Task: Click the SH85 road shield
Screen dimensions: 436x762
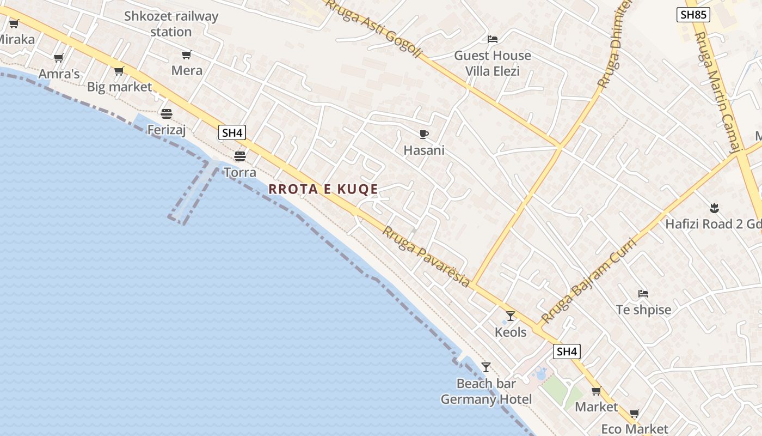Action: [693, 15]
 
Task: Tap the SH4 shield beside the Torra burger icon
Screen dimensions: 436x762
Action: [232, 132]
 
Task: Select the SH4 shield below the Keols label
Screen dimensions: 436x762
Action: [567, 352]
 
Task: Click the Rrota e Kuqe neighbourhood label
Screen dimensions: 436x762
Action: [323, 189]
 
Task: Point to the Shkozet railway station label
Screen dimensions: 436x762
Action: [171, 24]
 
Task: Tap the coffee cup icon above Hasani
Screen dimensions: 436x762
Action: [423, 134]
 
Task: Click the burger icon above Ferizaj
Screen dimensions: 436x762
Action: [167, 113]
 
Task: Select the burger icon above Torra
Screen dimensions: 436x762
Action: [240, 156]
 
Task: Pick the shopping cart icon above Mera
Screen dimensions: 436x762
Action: [187, 55]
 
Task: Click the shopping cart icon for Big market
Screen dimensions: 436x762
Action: [119, 71]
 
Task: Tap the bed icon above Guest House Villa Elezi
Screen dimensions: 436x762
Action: [493, 39]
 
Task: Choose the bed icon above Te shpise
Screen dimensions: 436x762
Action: [643, 293]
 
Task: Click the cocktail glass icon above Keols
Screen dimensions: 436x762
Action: [511, 316]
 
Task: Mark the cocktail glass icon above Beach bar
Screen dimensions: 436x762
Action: [486, 367]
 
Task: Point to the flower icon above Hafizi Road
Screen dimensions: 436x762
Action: [714, 207]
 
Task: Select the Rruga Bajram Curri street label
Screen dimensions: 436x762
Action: [588, 281]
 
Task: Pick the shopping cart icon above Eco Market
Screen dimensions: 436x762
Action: [635, 414]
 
